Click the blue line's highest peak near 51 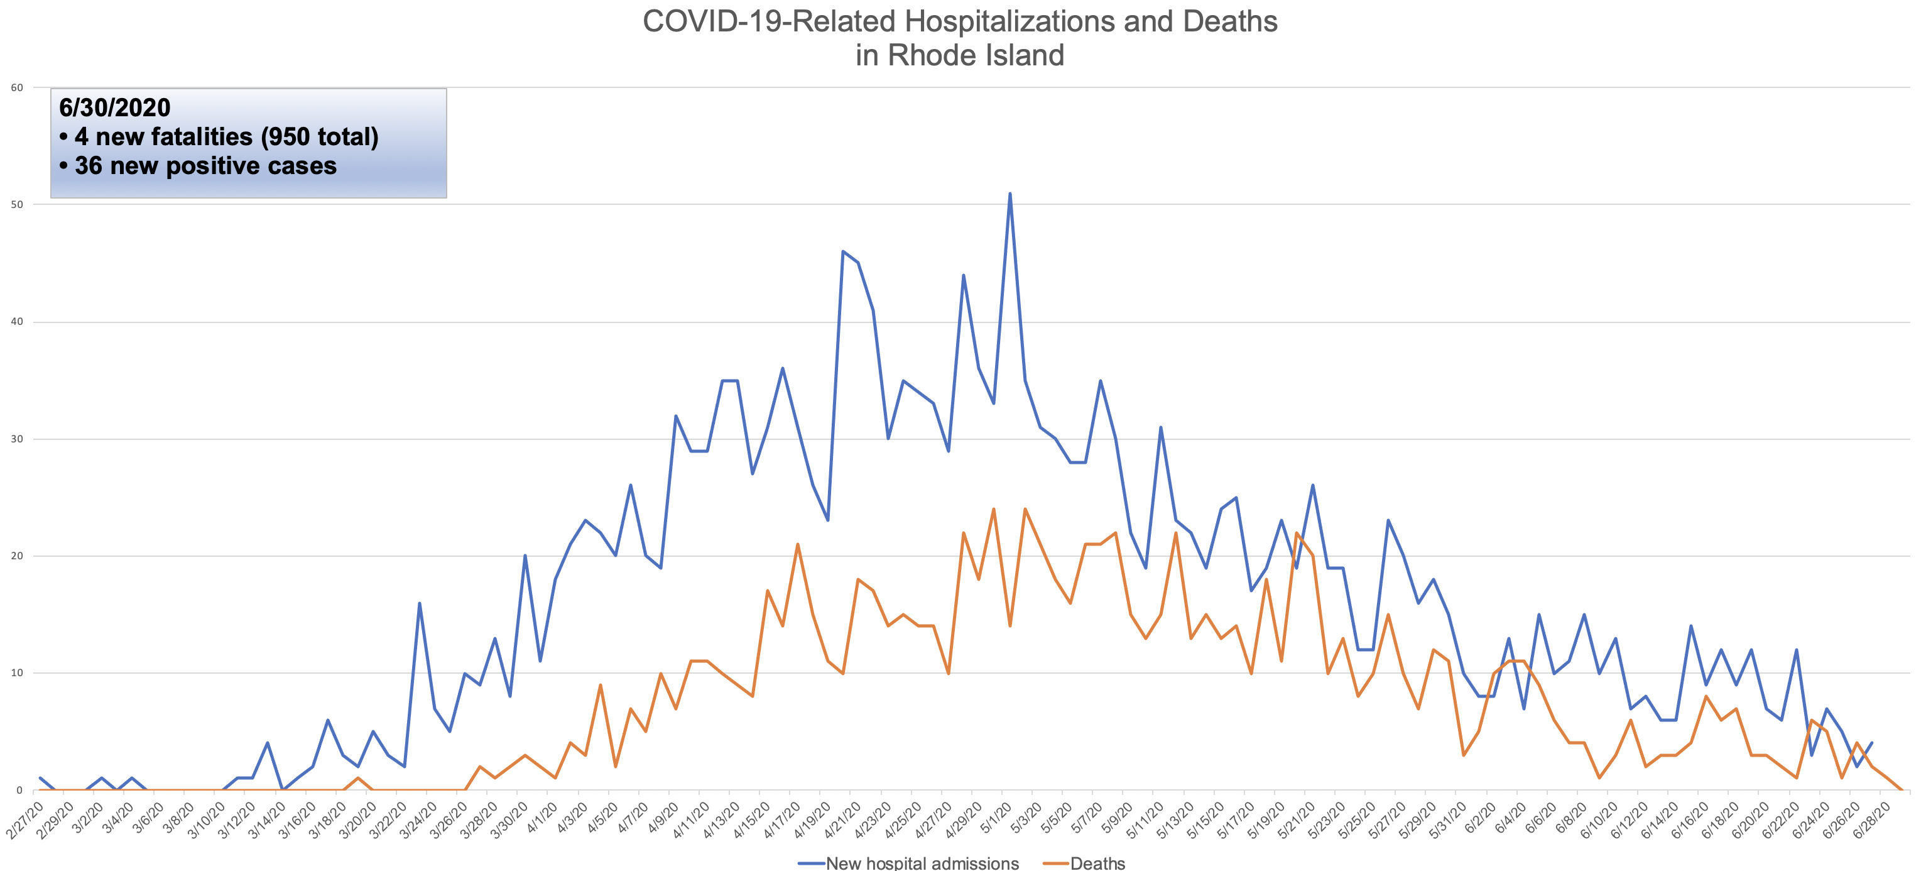pos(1009,194)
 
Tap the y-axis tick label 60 pos(16,88)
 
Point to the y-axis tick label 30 pos(16,439)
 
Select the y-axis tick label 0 pos(19,791)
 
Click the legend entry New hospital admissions pos(922,863)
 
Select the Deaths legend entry pos(1097,863)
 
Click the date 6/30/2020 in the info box pos(115,108)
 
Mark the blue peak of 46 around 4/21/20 pos(842,251)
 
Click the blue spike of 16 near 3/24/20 pos(419,603)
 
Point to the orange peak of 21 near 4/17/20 pos(797,544)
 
